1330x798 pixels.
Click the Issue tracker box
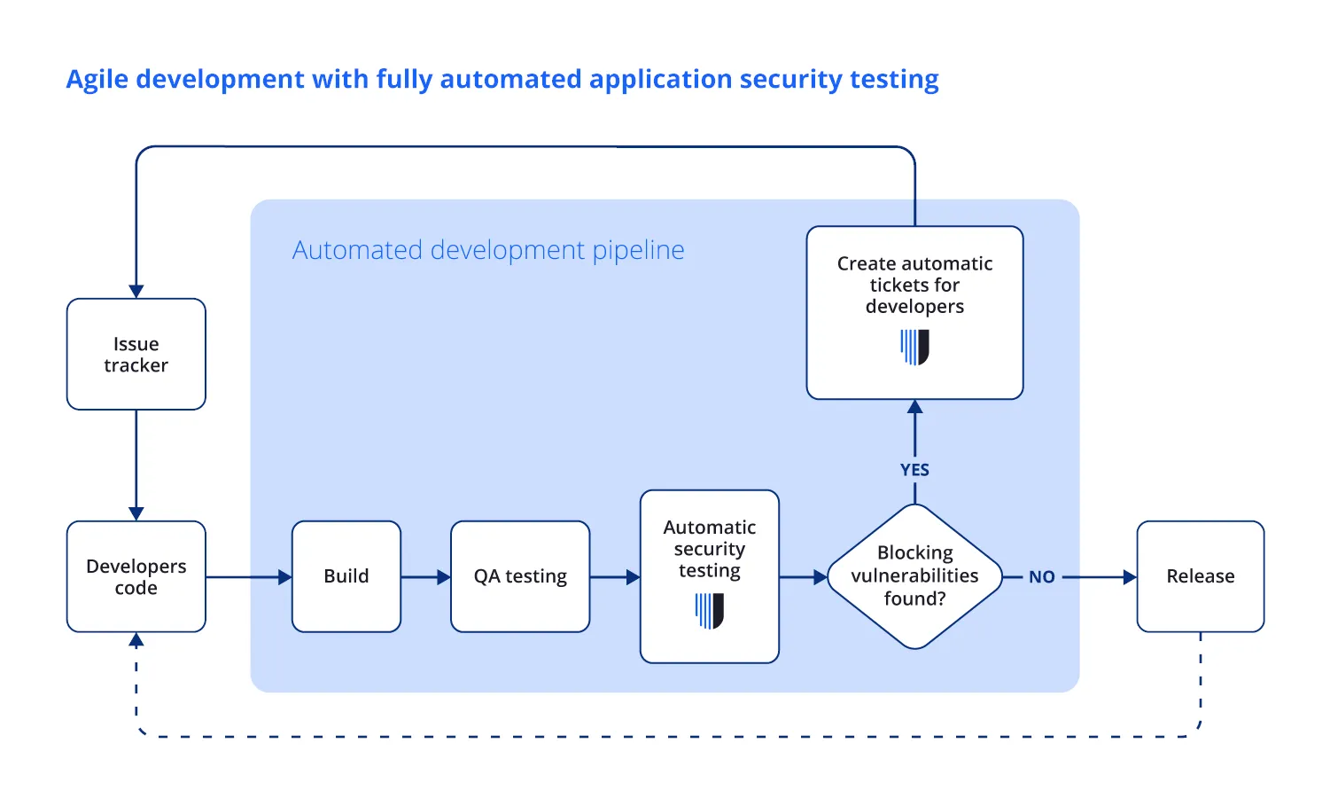[136, 354]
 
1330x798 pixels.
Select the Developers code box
[136, 576]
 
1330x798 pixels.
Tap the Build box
[346, 576]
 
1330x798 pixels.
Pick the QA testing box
[520, 576]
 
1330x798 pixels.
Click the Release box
[1200, 576]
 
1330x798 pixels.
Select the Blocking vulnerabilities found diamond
[914, 576]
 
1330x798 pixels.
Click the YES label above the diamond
[914, 470]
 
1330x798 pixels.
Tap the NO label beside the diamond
[1041, 577]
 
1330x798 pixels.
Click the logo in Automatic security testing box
[710, 611]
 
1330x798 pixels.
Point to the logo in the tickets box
[914, 347]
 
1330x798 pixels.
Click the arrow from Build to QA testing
[426, 577]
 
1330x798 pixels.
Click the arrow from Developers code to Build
[249, 577]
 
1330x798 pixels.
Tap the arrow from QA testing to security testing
[615, 577]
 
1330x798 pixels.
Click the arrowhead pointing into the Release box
[1130, 577]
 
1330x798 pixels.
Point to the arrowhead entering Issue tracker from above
[136, 291]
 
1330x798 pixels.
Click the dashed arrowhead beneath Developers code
[136, 640]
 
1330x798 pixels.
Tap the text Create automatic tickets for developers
[914, 285]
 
